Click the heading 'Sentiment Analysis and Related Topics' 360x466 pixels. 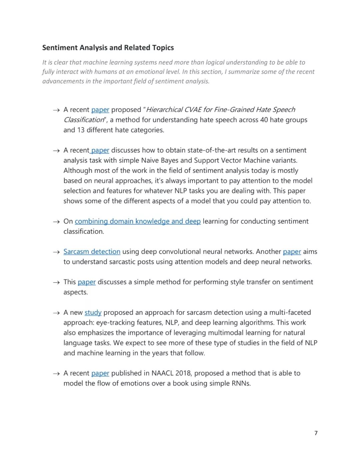pyautogui.click(x=108, y=48)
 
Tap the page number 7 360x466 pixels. pyautogui.click(x=316, y=433)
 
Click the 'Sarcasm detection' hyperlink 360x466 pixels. pyautogui.click(x=92, y=252)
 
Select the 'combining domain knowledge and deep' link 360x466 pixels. pyautogui.click(x=137, y=221)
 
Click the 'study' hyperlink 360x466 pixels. pyautogui.click(x=93, y=312)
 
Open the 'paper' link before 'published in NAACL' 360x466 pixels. pyautogui.click(x=100, y=373)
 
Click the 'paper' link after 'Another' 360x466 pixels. pyautogui.click(x=292, y=252)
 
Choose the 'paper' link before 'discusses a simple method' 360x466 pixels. pyautogui.click(x=86, y=282)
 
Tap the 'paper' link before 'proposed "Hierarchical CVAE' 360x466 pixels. pyautogui.click(x=100, y=109)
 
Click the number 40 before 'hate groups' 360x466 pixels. pyautogui.click(x=264, y=120)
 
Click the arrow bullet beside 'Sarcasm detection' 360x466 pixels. pyautogui.click(x=56, y=252)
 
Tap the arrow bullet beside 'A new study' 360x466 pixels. pyautogui.click(x=56, y=313)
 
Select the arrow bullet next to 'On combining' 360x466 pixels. pyautogui.click(x=56, y=222)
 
